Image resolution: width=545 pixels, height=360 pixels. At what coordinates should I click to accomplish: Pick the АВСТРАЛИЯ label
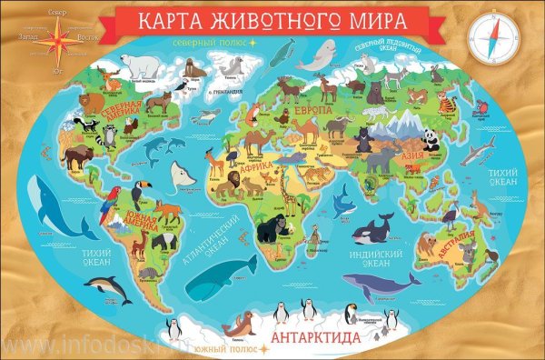click(x=454, y=244)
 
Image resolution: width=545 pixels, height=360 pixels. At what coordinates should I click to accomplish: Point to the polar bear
click(x=142, y=63)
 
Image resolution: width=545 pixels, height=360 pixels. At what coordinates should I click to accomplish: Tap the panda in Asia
click(x=431, y=139)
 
